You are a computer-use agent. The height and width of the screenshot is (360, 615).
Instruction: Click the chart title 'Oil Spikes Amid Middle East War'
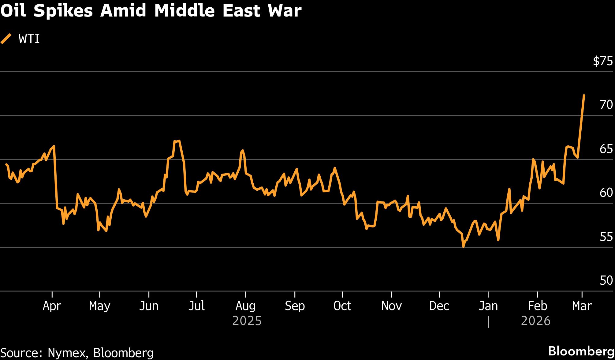point(151,11)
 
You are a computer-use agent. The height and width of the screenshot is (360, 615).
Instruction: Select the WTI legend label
point(29,39)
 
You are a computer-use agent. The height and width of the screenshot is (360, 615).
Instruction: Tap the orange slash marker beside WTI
point(6,39)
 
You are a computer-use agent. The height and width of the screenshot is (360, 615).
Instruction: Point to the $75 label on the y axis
point(602,61)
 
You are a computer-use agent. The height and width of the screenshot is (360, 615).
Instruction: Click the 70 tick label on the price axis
point(606,105)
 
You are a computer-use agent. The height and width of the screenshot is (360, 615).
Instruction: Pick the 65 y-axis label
point(606,149)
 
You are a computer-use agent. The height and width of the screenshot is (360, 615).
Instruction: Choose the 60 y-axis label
point(606,193)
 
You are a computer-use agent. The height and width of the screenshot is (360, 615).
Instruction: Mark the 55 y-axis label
point(606,237)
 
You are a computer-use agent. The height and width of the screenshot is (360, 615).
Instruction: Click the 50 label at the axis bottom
point(606,280)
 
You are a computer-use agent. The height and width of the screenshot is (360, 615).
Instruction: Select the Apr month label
point(52,306)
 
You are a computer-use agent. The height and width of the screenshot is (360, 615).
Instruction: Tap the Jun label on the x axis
point(149,306)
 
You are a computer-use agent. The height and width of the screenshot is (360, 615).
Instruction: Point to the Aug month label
point(245,306)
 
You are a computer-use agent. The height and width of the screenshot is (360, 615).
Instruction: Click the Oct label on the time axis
point(342,306)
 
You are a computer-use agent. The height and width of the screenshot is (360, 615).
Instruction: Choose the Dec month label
point(439,306)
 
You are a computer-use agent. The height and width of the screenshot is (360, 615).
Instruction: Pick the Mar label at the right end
point(582,306)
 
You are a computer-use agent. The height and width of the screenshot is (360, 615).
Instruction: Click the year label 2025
point(247,321)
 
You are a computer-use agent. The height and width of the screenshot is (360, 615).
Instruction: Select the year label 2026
point(535,321)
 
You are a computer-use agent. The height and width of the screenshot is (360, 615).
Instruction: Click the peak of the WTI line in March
point(584,96)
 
